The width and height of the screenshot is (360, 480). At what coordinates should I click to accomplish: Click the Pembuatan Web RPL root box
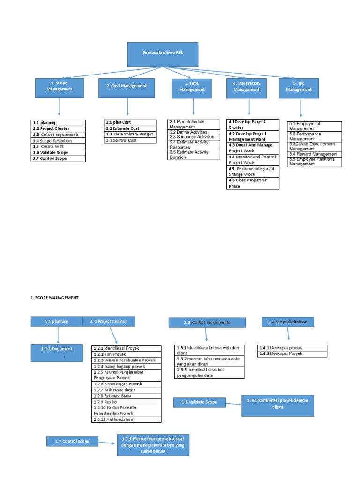pos(163,54)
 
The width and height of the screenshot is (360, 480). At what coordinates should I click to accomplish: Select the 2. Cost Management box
pos(127,87)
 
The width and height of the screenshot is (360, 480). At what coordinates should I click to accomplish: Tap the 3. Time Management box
pos(192,88)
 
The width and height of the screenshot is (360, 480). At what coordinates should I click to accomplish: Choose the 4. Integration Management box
pos(246,88)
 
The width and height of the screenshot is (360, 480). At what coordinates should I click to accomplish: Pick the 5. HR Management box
pos(299,88)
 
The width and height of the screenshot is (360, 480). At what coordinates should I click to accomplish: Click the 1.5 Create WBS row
pos(59,146)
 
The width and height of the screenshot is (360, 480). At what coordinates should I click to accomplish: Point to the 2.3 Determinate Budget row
pos(130,134)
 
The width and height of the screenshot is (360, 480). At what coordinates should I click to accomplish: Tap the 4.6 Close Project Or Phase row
pos(253,183)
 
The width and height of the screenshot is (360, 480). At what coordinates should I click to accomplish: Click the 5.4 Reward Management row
pos(314,154)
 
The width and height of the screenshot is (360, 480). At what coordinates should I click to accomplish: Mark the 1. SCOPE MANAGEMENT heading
pos(55,298)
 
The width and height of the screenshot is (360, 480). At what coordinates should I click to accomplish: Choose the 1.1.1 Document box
pos(58,353)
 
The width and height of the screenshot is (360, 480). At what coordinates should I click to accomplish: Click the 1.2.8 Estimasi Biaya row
pos(127,396)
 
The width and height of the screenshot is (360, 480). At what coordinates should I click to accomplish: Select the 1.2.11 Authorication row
pos(127,420)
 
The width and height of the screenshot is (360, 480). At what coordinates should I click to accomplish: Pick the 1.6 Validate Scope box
pos(199,402)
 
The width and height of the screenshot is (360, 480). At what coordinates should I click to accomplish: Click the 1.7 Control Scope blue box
pos(73,441)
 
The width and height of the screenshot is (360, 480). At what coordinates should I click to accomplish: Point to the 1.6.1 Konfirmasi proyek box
pos(278,405)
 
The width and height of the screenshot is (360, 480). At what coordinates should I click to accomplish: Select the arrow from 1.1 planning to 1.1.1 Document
pos(58,335)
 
